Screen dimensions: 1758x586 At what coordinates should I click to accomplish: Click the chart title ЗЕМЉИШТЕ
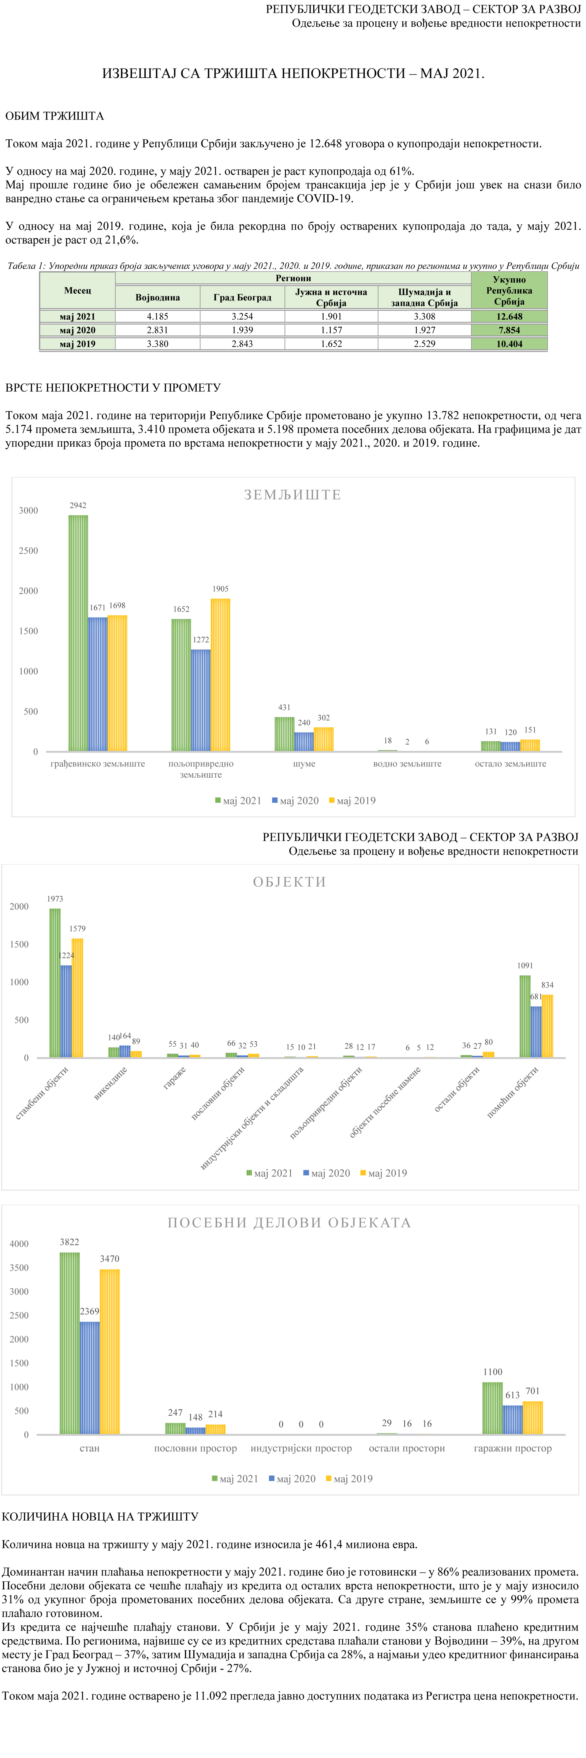coord(293,495)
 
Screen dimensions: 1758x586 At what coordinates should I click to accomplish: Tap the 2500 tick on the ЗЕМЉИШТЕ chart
coord(29,551)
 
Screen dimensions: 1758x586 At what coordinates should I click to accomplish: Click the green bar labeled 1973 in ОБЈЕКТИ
coord(54,983)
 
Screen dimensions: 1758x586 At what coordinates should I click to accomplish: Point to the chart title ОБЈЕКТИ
coord(289,882)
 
